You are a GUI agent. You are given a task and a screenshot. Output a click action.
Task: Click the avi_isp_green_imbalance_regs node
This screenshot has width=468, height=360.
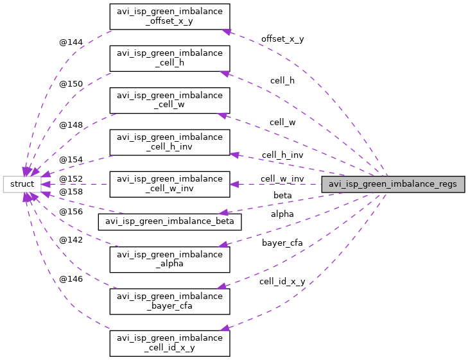coord(393,184)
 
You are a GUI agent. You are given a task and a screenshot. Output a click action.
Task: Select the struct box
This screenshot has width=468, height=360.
coord(22,184)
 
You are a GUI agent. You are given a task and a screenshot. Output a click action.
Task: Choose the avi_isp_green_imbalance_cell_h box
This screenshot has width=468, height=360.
coord(169,58)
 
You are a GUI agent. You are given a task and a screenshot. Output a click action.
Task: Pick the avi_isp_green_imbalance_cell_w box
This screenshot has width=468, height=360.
coord(169,100)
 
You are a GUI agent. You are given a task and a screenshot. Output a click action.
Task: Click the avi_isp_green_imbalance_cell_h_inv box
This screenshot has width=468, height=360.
coord(169,142)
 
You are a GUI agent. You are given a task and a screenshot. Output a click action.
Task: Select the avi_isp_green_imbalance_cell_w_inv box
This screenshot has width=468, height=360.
coord(169,184)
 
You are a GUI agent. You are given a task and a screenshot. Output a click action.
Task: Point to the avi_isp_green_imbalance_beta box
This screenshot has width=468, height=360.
coord(169,221)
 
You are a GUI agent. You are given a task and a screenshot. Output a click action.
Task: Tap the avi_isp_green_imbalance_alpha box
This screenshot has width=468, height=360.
coord(169,259)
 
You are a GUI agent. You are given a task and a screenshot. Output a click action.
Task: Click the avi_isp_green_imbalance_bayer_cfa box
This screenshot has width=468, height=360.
coord(169,301)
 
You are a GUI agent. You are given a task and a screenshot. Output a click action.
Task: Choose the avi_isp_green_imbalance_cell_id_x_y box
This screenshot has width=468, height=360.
coord(169,343)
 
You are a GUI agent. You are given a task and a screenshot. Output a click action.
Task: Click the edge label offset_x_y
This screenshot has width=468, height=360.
coord(282,39)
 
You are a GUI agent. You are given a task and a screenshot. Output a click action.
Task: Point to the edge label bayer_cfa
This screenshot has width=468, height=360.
coord(282,243)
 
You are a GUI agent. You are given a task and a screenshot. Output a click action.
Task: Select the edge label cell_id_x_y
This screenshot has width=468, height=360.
coord(282,282)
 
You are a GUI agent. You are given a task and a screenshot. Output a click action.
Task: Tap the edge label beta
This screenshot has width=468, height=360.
coord(282,194)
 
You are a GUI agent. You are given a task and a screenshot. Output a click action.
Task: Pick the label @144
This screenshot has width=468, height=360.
coord(71,42)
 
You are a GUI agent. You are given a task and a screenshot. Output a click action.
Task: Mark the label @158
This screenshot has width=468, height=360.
coord(71,191)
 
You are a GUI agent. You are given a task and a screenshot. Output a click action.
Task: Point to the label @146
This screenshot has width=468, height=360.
coord(71,279)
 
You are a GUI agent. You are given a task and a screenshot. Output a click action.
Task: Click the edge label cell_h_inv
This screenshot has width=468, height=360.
coord(282,155)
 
